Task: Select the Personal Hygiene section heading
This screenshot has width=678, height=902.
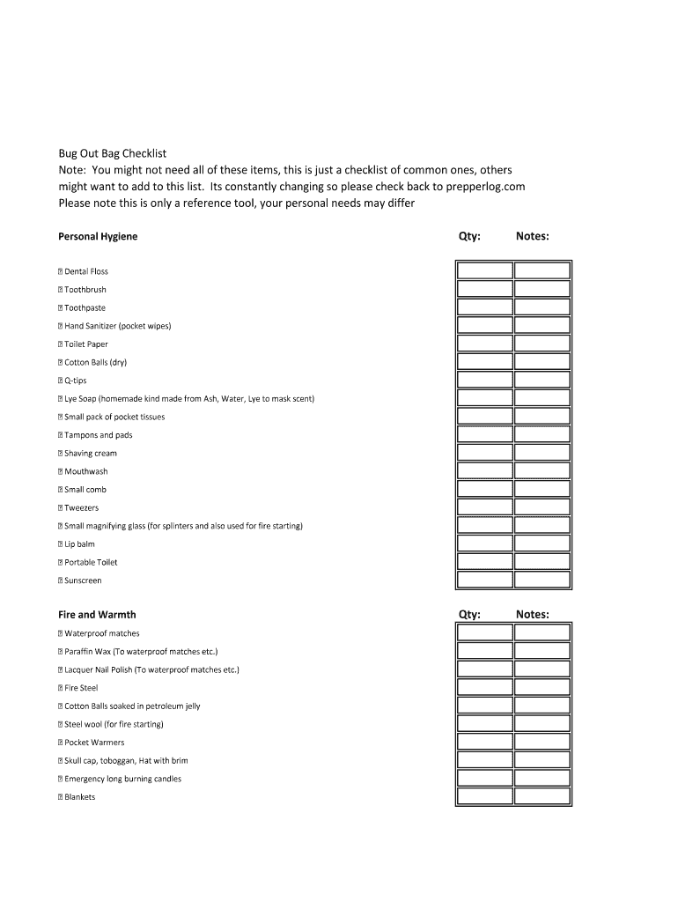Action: (x=98, y=237)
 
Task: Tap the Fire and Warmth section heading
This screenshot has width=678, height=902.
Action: (x=97, y=615)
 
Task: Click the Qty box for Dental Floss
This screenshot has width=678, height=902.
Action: (x=484, y=271)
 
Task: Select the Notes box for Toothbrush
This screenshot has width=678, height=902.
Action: (x=542, y=289)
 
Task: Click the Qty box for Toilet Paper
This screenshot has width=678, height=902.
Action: (x=484, y=344)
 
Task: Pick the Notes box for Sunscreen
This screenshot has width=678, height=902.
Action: (x=542, y=580)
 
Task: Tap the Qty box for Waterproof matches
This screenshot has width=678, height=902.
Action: (x=484, y=632)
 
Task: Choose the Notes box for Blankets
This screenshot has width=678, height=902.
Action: (x=542, y=796)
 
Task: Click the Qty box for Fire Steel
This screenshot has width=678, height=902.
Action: (x=484, y=687)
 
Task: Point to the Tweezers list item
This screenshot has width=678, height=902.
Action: (x=81, y=508)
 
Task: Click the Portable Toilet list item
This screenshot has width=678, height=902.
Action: (x=90, y=562)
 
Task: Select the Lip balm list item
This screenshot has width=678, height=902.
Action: (x=79, y=544)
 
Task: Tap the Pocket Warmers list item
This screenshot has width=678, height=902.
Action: (x=94, y=743)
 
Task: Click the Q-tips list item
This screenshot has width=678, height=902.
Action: (x=75, y=381)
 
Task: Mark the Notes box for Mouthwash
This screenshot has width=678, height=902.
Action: (x=542, y=471)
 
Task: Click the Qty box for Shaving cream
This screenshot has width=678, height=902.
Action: (x=484, y=453)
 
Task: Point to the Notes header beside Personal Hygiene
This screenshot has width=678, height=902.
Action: (x=533, y=236)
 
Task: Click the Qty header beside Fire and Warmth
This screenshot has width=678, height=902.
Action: (x=469, y=615)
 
